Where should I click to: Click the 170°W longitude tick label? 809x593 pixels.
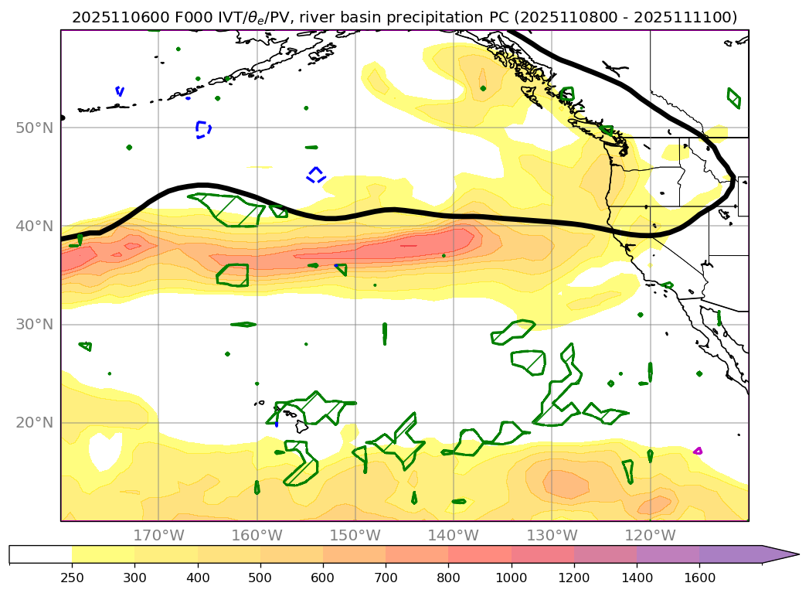(x=158, y=535)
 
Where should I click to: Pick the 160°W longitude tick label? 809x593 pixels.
(x=257, y=535)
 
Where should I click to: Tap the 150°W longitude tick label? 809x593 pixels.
(x=355, y=535)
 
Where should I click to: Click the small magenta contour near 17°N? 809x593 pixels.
(x=698, y=450)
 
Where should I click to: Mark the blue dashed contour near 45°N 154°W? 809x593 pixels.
(x=316, y=174)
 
